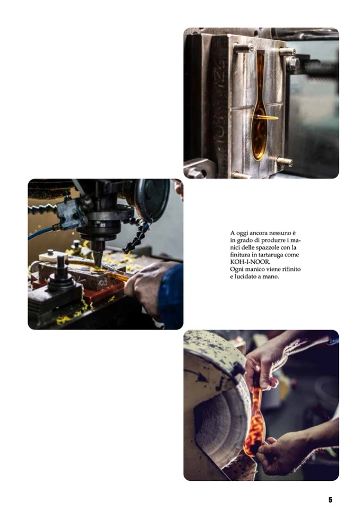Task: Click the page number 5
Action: (x=330, y=499)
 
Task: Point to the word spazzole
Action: (x=267, y=248)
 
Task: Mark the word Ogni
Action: (x=236, y=270)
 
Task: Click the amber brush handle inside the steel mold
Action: (x=259, y=107)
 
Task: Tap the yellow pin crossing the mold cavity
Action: (x=265, y=117)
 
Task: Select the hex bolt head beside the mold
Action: (x=293, y=63)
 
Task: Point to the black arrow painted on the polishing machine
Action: (x=199, y=376)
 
